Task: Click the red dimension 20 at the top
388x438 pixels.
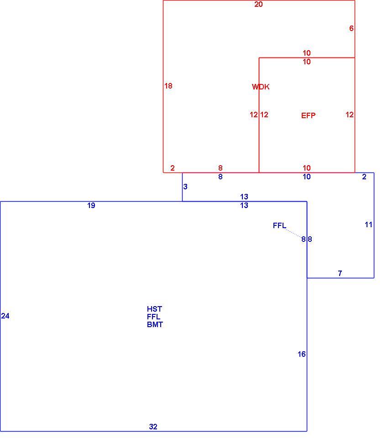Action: point(258,5)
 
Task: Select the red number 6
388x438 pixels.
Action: point(351,28)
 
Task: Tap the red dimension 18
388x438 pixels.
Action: point(168,86)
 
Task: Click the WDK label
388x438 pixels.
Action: point(261,87)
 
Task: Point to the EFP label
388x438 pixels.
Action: point(308,115)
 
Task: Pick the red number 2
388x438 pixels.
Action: point(173,168)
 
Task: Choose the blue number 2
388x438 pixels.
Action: point(364,177)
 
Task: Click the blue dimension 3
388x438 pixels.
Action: point(185,187)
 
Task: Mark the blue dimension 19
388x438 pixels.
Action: point(91,206)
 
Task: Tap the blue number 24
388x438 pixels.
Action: point(5,316)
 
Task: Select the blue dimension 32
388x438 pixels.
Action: point(153,427)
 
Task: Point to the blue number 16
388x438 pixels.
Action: point(302,355)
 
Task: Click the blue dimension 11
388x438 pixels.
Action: point(369,225)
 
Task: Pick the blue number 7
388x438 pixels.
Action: point(340,273)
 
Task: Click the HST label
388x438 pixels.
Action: point(155,309)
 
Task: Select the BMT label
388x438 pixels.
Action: point(155,324)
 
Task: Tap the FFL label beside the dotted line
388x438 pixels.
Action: point(279,226)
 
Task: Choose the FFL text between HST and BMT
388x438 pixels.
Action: point(154,317)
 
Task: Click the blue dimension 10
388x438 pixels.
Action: point(307,177)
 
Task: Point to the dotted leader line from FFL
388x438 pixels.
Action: point(294,234)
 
